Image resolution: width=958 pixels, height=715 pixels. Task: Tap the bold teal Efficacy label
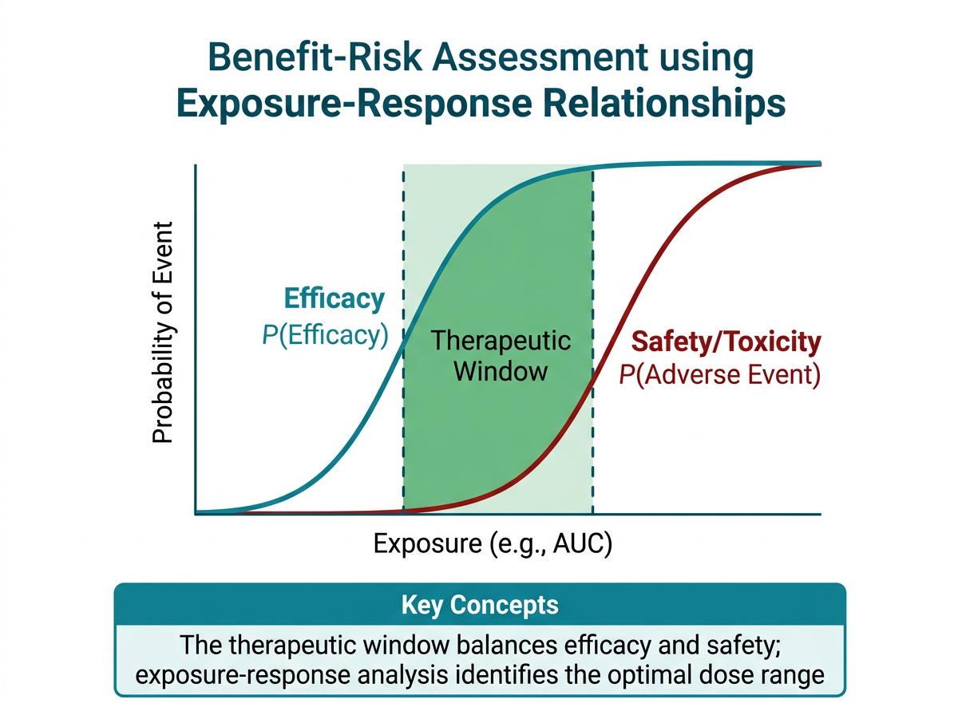tap(335, 299)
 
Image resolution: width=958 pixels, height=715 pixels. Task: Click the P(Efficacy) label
tap(325, 335)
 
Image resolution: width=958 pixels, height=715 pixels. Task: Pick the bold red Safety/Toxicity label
tap(726, 342)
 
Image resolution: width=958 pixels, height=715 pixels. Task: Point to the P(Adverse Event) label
tap(720, 374)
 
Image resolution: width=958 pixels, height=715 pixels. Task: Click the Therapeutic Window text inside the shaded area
tap(501, 356)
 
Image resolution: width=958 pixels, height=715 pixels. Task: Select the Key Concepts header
tap(479, 604)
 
